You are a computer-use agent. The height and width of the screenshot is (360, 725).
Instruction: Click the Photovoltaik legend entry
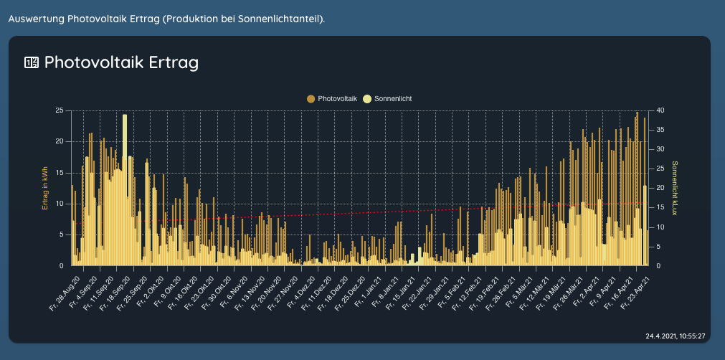[x=337, y=98]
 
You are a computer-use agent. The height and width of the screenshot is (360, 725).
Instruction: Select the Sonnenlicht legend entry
[x=392, y=98]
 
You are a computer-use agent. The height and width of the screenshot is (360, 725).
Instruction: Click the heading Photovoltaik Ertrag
[x=121, y=62]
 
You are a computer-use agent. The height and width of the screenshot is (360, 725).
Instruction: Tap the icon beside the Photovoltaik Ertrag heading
[x=32, y=62]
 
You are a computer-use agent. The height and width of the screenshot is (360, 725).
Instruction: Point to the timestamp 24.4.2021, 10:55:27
[x=675, y=336]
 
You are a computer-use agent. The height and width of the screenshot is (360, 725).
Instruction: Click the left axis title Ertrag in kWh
[x=45, y=188]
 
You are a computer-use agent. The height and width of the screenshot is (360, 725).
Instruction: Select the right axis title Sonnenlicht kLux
[x=674, y=188]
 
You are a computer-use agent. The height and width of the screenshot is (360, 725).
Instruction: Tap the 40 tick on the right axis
[x=660, y=110]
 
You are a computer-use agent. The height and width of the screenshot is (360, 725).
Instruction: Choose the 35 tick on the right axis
[x=660, y=130]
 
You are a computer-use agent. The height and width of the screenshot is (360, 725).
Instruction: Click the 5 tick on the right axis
[x=658, y=247]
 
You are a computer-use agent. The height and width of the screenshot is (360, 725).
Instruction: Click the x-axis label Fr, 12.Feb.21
[x=470, y=287]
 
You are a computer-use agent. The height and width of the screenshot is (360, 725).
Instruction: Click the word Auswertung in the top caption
[x=35, y=17]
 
